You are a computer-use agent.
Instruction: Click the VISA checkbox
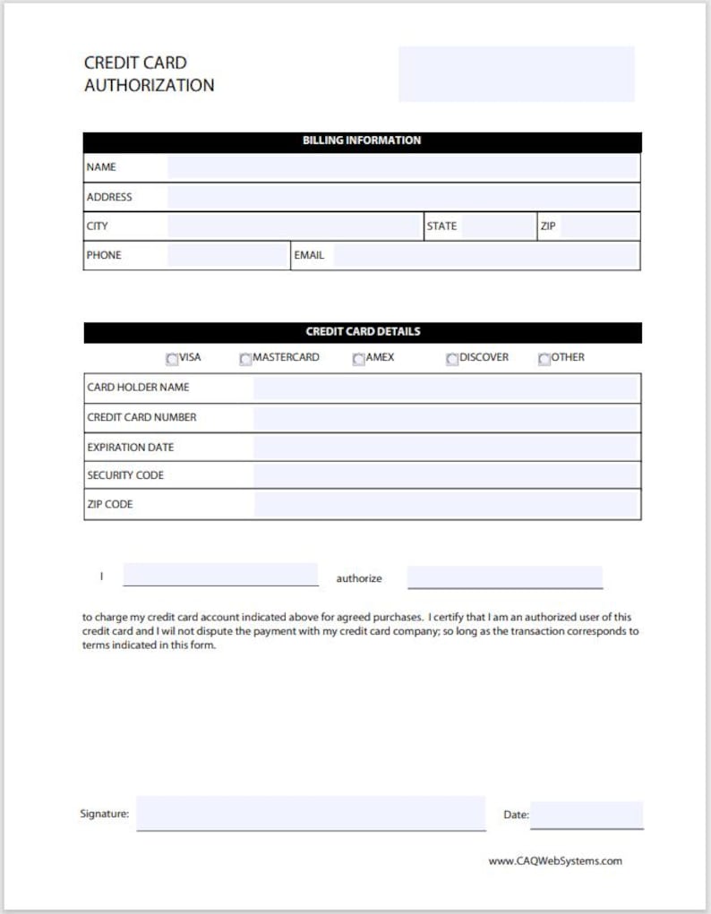172,359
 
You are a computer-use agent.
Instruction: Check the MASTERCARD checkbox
245,359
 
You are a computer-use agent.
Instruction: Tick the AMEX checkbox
358,359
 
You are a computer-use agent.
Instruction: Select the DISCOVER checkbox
452,359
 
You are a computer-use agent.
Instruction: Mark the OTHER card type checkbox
544,359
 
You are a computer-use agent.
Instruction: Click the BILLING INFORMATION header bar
362,141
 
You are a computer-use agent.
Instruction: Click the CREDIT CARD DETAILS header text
363,331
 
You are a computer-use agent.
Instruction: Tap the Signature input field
311,814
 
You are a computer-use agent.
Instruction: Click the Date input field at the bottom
587,815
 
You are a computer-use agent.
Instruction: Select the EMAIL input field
485,255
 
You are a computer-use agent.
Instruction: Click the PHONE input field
227,255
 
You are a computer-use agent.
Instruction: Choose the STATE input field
498,226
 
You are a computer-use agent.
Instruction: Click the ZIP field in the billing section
598,226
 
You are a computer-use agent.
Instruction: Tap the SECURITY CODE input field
445,475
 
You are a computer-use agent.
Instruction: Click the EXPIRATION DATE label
131,447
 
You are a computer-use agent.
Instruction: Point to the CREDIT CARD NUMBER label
141,417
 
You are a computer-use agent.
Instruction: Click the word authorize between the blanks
359,578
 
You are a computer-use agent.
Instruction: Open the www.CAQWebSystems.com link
555,861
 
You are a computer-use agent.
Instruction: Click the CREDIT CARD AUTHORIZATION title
149,74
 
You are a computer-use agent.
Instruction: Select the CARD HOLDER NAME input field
445,388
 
